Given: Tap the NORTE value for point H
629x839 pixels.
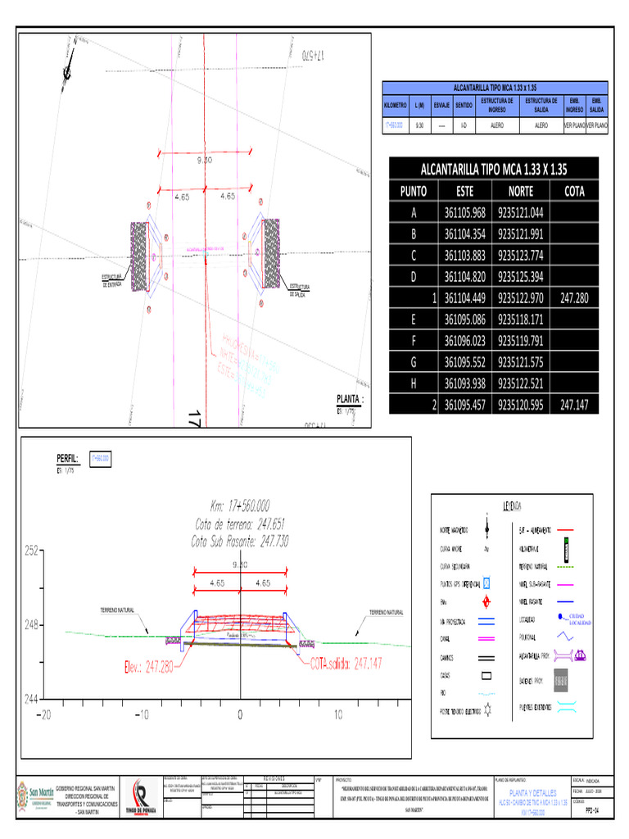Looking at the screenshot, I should (521, 383).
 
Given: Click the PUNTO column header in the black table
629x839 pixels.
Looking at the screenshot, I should (414, 191).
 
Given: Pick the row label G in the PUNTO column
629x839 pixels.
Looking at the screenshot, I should (414, 362).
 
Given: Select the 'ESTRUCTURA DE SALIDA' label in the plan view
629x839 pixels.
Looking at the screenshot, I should (298, 289).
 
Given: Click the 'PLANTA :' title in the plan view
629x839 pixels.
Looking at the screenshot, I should (350, 399).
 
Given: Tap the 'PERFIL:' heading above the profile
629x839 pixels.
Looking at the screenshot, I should (67, 459).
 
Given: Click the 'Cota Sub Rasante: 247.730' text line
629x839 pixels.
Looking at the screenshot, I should (239, 542).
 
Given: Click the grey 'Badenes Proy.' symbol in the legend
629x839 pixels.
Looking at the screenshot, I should (562, 680).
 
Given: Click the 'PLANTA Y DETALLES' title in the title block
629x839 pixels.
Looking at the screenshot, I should (533, 794).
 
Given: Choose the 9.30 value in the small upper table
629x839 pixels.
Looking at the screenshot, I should (420, 126).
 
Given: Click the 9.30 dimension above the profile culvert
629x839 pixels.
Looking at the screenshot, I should (240, 565).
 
